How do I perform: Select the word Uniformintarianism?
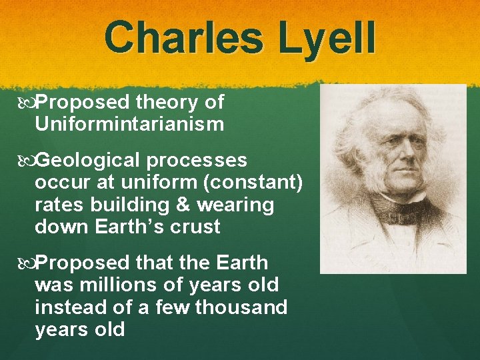(x=129, y=125)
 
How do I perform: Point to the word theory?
(x=167, y=103)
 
